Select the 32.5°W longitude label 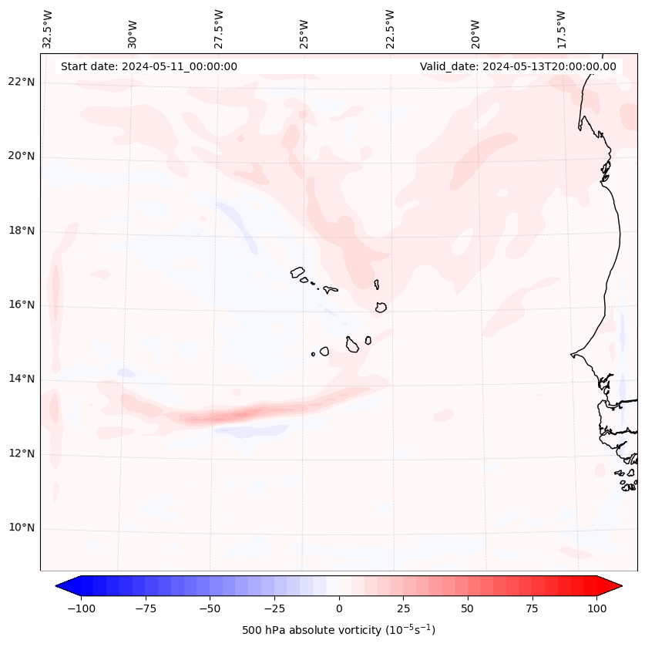coord(48,29)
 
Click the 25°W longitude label coord(305,29)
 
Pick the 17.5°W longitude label coord(562,29)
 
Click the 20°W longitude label coord(475,29)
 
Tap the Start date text coord(149,67)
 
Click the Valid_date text coord(518,67)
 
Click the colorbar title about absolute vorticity coord(338,630)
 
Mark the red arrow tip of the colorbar coord(620,586)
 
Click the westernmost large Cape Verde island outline coord(297,272)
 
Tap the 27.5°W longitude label coord(219,29)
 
